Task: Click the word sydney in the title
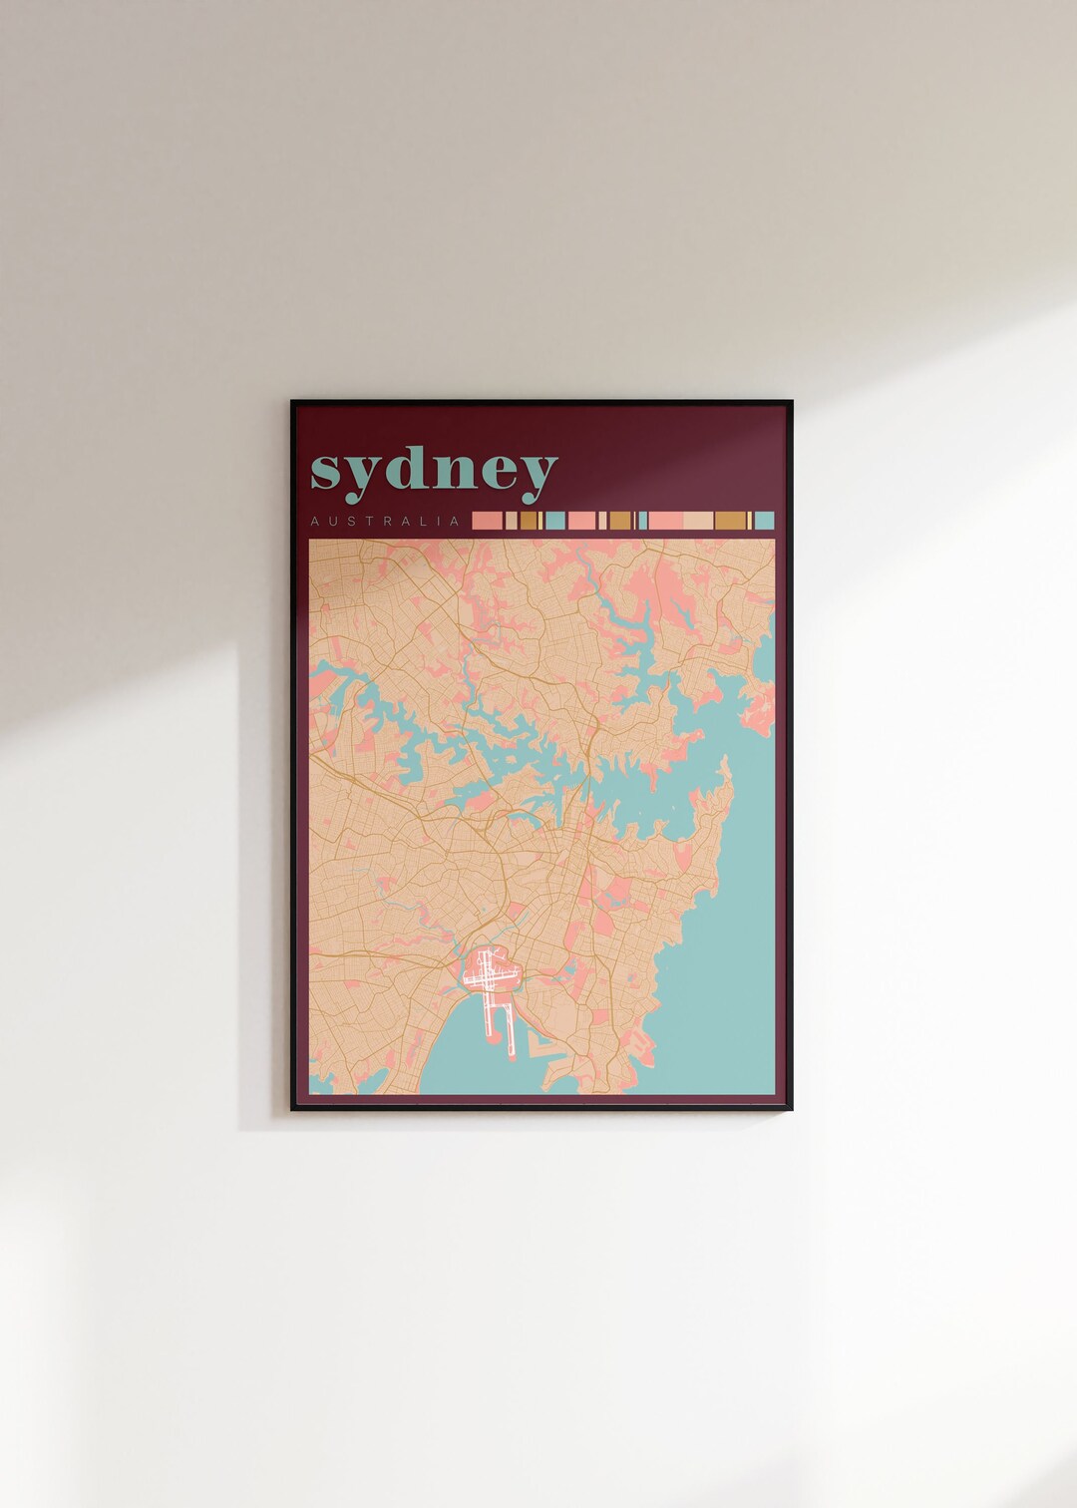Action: (434, 470)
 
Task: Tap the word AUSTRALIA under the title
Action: (385, 521)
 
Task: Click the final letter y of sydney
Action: (537, 478)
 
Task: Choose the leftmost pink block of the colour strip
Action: (487, 520)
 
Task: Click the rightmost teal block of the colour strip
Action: (764, 520)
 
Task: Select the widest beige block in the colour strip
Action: (698, 520)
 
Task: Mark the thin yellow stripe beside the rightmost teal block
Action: (750, 520)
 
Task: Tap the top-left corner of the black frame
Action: (292, 402)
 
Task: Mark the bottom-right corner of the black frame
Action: (792, 1109)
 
